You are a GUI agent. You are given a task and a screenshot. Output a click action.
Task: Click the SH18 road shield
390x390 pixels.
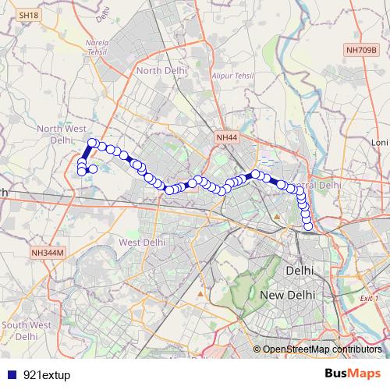[28, 15]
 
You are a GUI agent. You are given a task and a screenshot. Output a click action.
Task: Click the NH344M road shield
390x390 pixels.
[46, 253]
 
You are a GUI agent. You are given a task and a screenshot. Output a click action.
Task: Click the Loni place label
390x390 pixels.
[380, 143]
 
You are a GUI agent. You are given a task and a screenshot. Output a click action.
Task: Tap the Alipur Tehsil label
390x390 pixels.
[232, 76]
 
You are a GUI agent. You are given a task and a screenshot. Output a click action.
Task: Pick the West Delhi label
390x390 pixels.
[142, 243]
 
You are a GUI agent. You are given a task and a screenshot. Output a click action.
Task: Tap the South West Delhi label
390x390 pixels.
[26, 329]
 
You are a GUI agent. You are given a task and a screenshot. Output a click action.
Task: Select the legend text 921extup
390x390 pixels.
[47, 374]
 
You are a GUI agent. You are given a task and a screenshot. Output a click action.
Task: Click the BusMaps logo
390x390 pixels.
[353, 374]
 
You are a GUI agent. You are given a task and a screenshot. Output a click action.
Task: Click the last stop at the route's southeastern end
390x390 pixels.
[308, 226]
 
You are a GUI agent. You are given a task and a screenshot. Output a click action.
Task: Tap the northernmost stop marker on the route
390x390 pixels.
[92, 143]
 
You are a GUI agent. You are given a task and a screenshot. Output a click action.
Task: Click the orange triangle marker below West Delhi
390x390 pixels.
[202, 294]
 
